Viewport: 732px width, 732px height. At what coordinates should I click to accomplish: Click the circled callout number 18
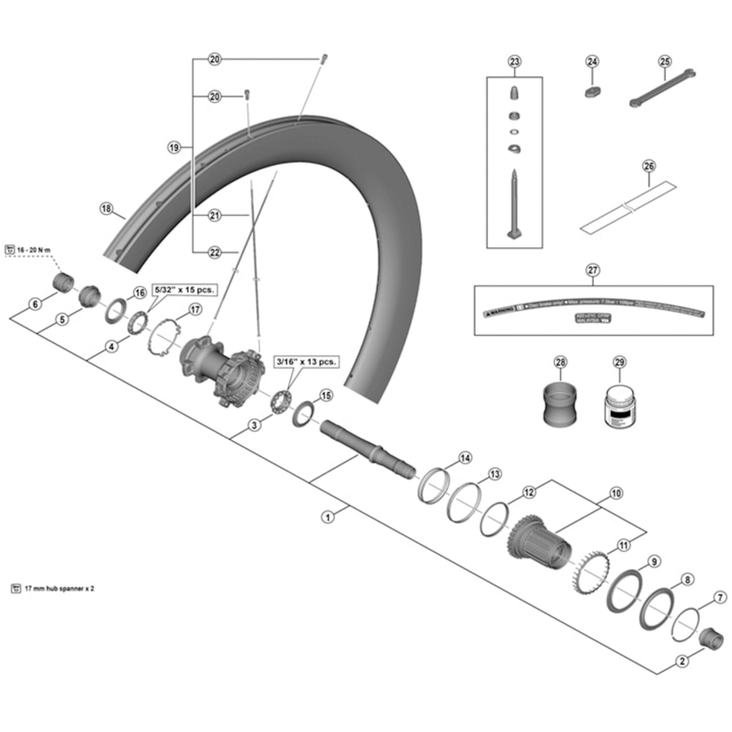click(107, 208)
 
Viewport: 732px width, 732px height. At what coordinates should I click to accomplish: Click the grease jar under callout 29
click(620, 407)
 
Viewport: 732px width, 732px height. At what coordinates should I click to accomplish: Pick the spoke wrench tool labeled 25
click(662, 88)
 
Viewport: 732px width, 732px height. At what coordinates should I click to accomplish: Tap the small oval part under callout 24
click(593, 92)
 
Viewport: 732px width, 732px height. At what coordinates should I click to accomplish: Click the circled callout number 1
click(328, 517)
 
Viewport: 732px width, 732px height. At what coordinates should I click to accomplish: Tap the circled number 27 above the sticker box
click(593, 270)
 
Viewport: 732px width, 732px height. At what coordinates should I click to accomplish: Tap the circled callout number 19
click(174, 147)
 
